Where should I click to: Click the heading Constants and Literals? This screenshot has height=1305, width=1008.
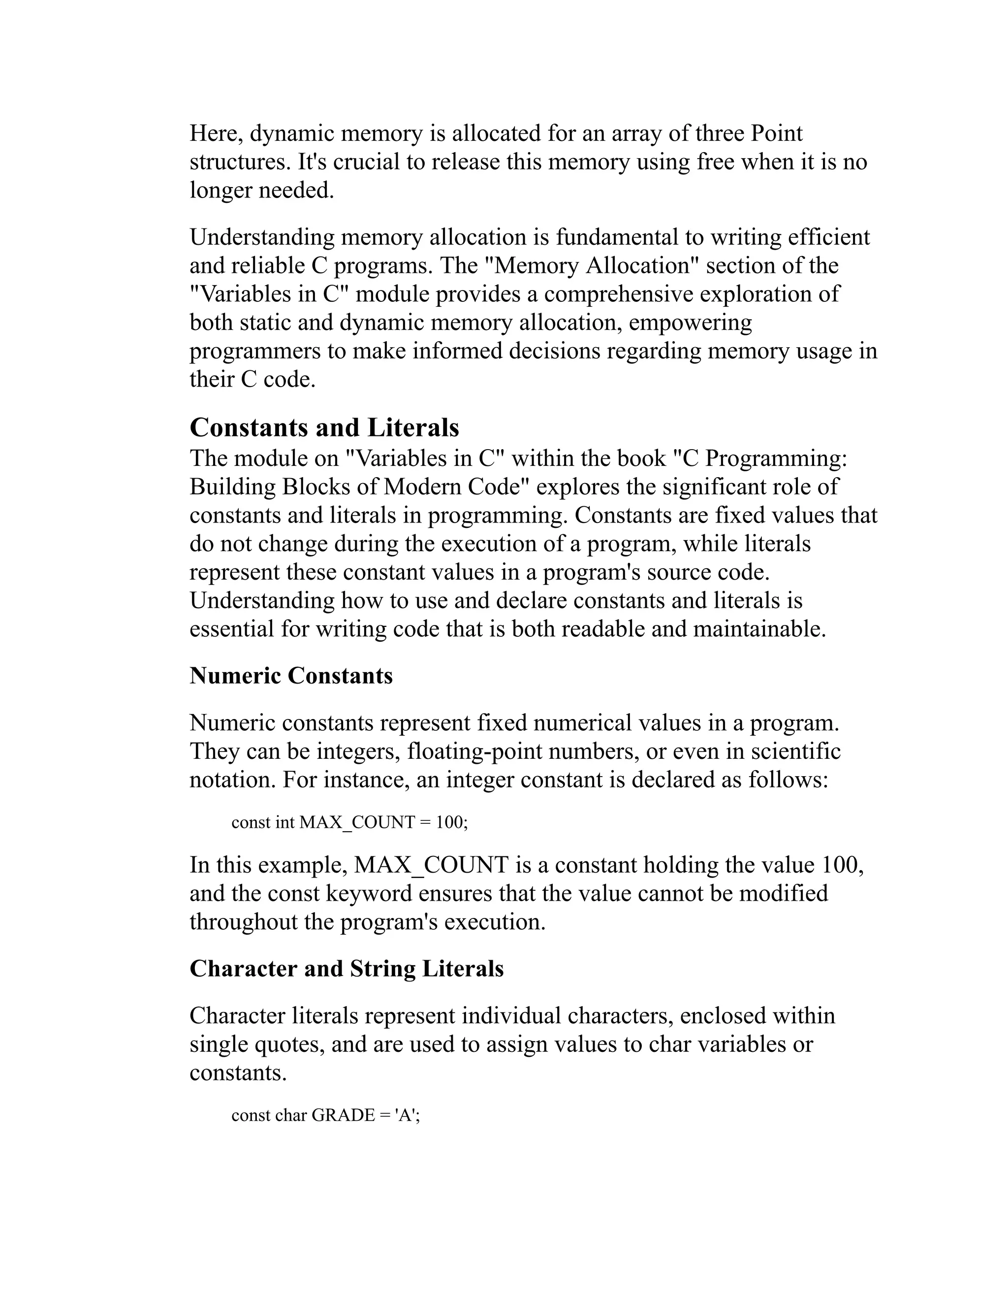[x=324, y=428]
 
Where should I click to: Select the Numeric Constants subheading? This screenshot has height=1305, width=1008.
[x=291, y=676]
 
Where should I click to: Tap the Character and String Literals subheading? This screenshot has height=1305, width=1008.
[x=346, y=969]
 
